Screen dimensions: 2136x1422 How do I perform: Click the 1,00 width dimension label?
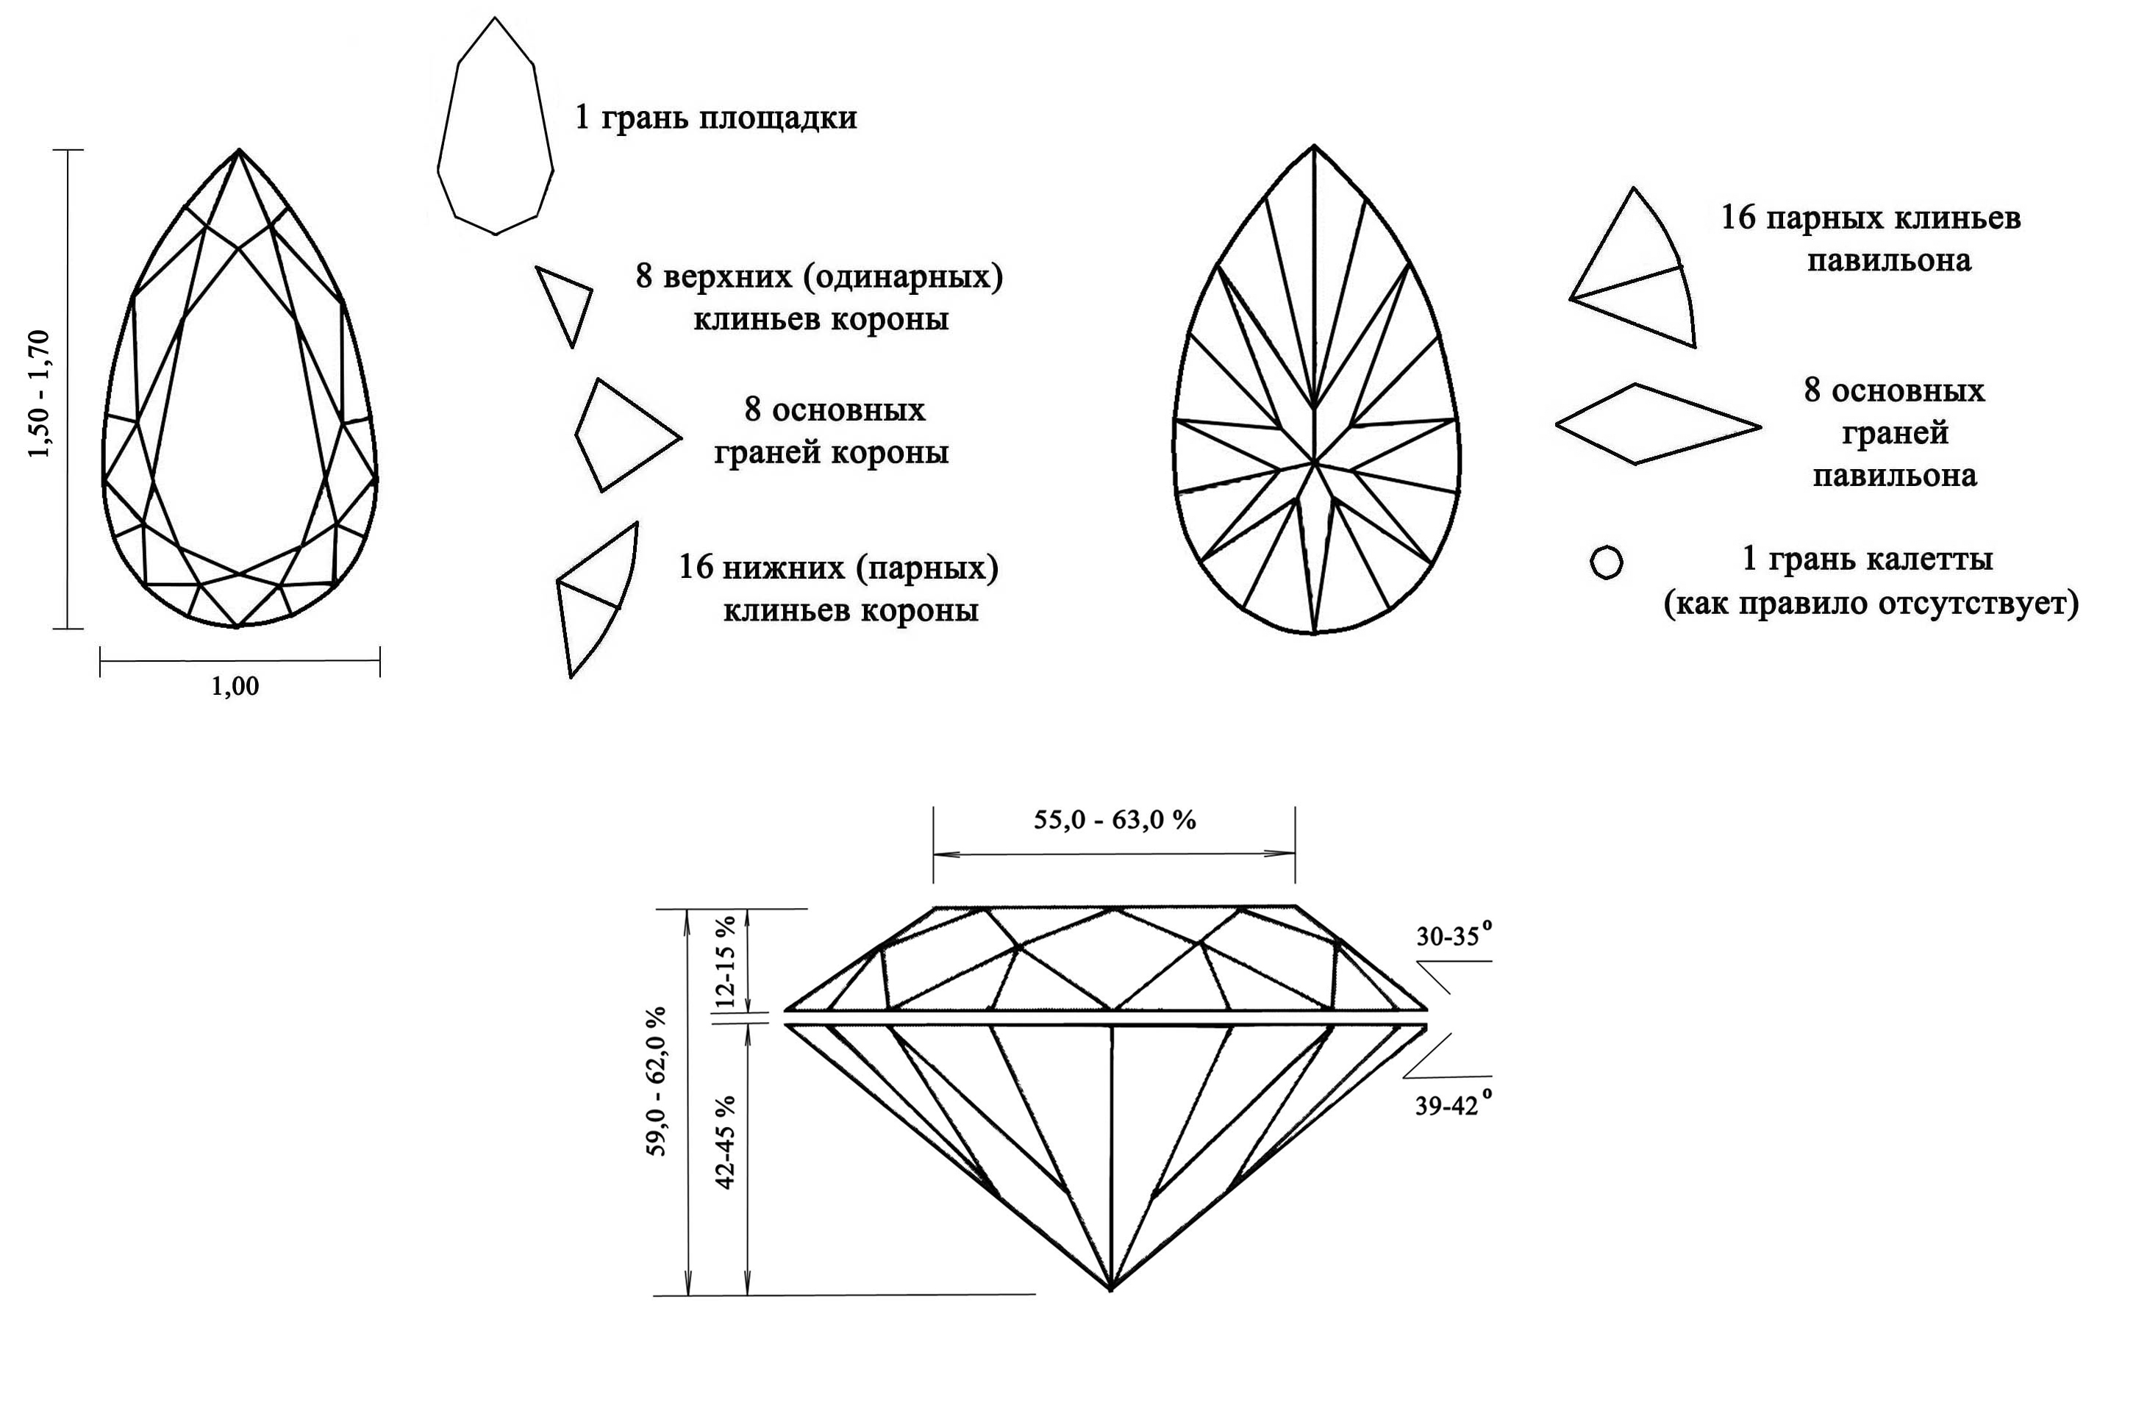[235, 687]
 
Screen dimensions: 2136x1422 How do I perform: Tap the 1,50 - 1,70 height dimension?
[39, 393]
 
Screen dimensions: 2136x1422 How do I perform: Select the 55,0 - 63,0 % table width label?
[1115, 820]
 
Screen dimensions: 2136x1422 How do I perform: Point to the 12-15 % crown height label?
[726, 961]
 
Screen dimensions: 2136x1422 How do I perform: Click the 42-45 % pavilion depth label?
[726, 1142]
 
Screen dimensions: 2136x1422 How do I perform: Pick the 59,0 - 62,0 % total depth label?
[656, 1080]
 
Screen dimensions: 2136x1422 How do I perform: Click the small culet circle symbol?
[1607, 562]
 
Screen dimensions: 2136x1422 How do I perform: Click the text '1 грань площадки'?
[715, 118]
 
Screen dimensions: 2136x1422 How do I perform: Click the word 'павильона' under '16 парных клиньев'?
[1889, 261]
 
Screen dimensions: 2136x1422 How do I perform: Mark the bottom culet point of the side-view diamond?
[1111, 1287]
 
